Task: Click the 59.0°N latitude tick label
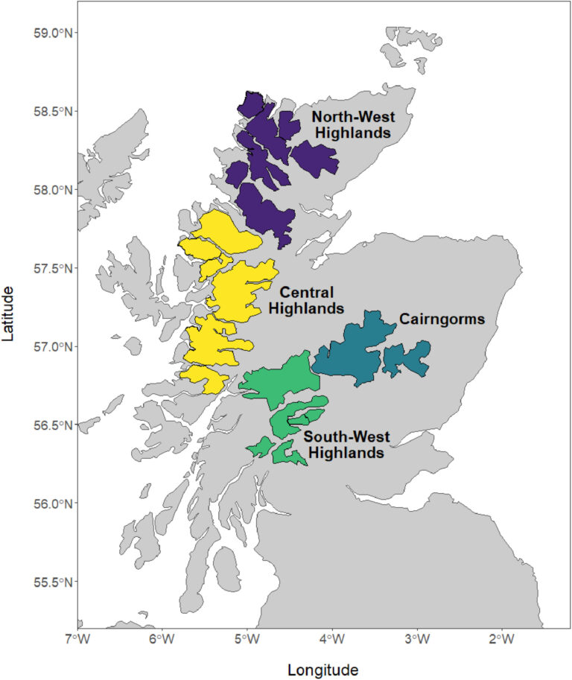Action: coord(50,33)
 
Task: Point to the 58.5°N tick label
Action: coord(50,112)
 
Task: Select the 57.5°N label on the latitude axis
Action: coord(50,268)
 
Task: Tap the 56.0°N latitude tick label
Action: coord(50,503)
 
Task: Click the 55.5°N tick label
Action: coord(50,582)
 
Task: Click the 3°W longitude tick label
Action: coord(416,639)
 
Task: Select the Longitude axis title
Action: coord(323,669)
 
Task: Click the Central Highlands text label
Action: coord(305,299)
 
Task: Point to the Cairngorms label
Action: coord(442,320)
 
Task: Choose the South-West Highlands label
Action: coord(346,445)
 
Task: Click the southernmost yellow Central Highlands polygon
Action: coord(203,378)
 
